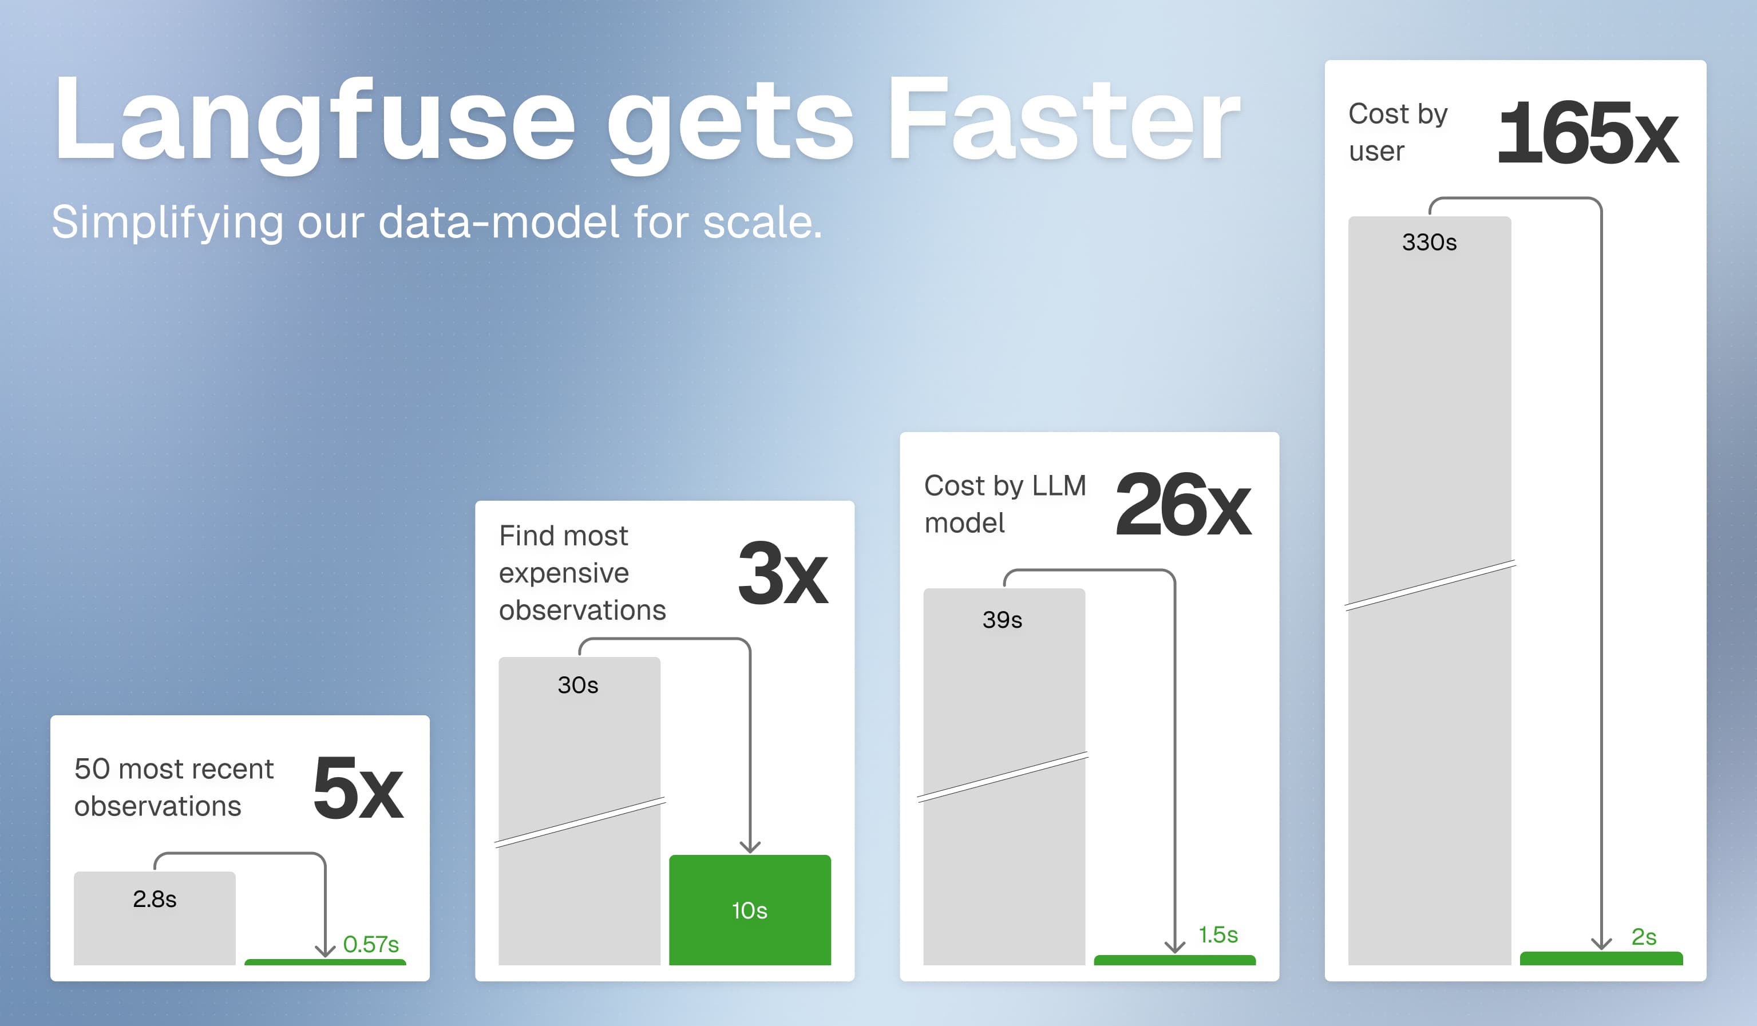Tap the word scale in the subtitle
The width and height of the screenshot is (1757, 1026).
click(761, 223)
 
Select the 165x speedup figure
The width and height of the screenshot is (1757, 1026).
click(1588, 132)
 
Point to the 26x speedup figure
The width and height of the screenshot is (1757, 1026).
click(1182, 505)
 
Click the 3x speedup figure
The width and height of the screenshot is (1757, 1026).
click(782, 573)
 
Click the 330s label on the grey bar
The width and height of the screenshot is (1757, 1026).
click(1428, 243)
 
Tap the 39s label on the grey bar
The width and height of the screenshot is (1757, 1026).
click(1002, 620)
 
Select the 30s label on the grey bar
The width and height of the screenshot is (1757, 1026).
click(577, 685)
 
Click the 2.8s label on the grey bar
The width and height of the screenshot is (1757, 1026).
click(154, 899)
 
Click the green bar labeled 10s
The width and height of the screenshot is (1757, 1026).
click(750, 910)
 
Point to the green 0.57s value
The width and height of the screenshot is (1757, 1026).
click(370, 944)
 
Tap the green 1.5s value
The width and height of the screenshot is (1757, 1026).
click(1217, 934)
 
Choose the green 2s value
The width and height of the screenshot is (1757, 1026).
click(1643, 937)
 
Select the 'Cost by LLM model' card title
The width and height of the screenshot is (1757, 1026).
click(1004, 504)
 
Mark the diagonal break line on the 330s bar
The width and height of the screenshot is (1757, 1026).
click(1429, 585)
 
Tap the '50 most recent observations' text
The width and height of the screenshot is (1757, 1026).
click(173, 787)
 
